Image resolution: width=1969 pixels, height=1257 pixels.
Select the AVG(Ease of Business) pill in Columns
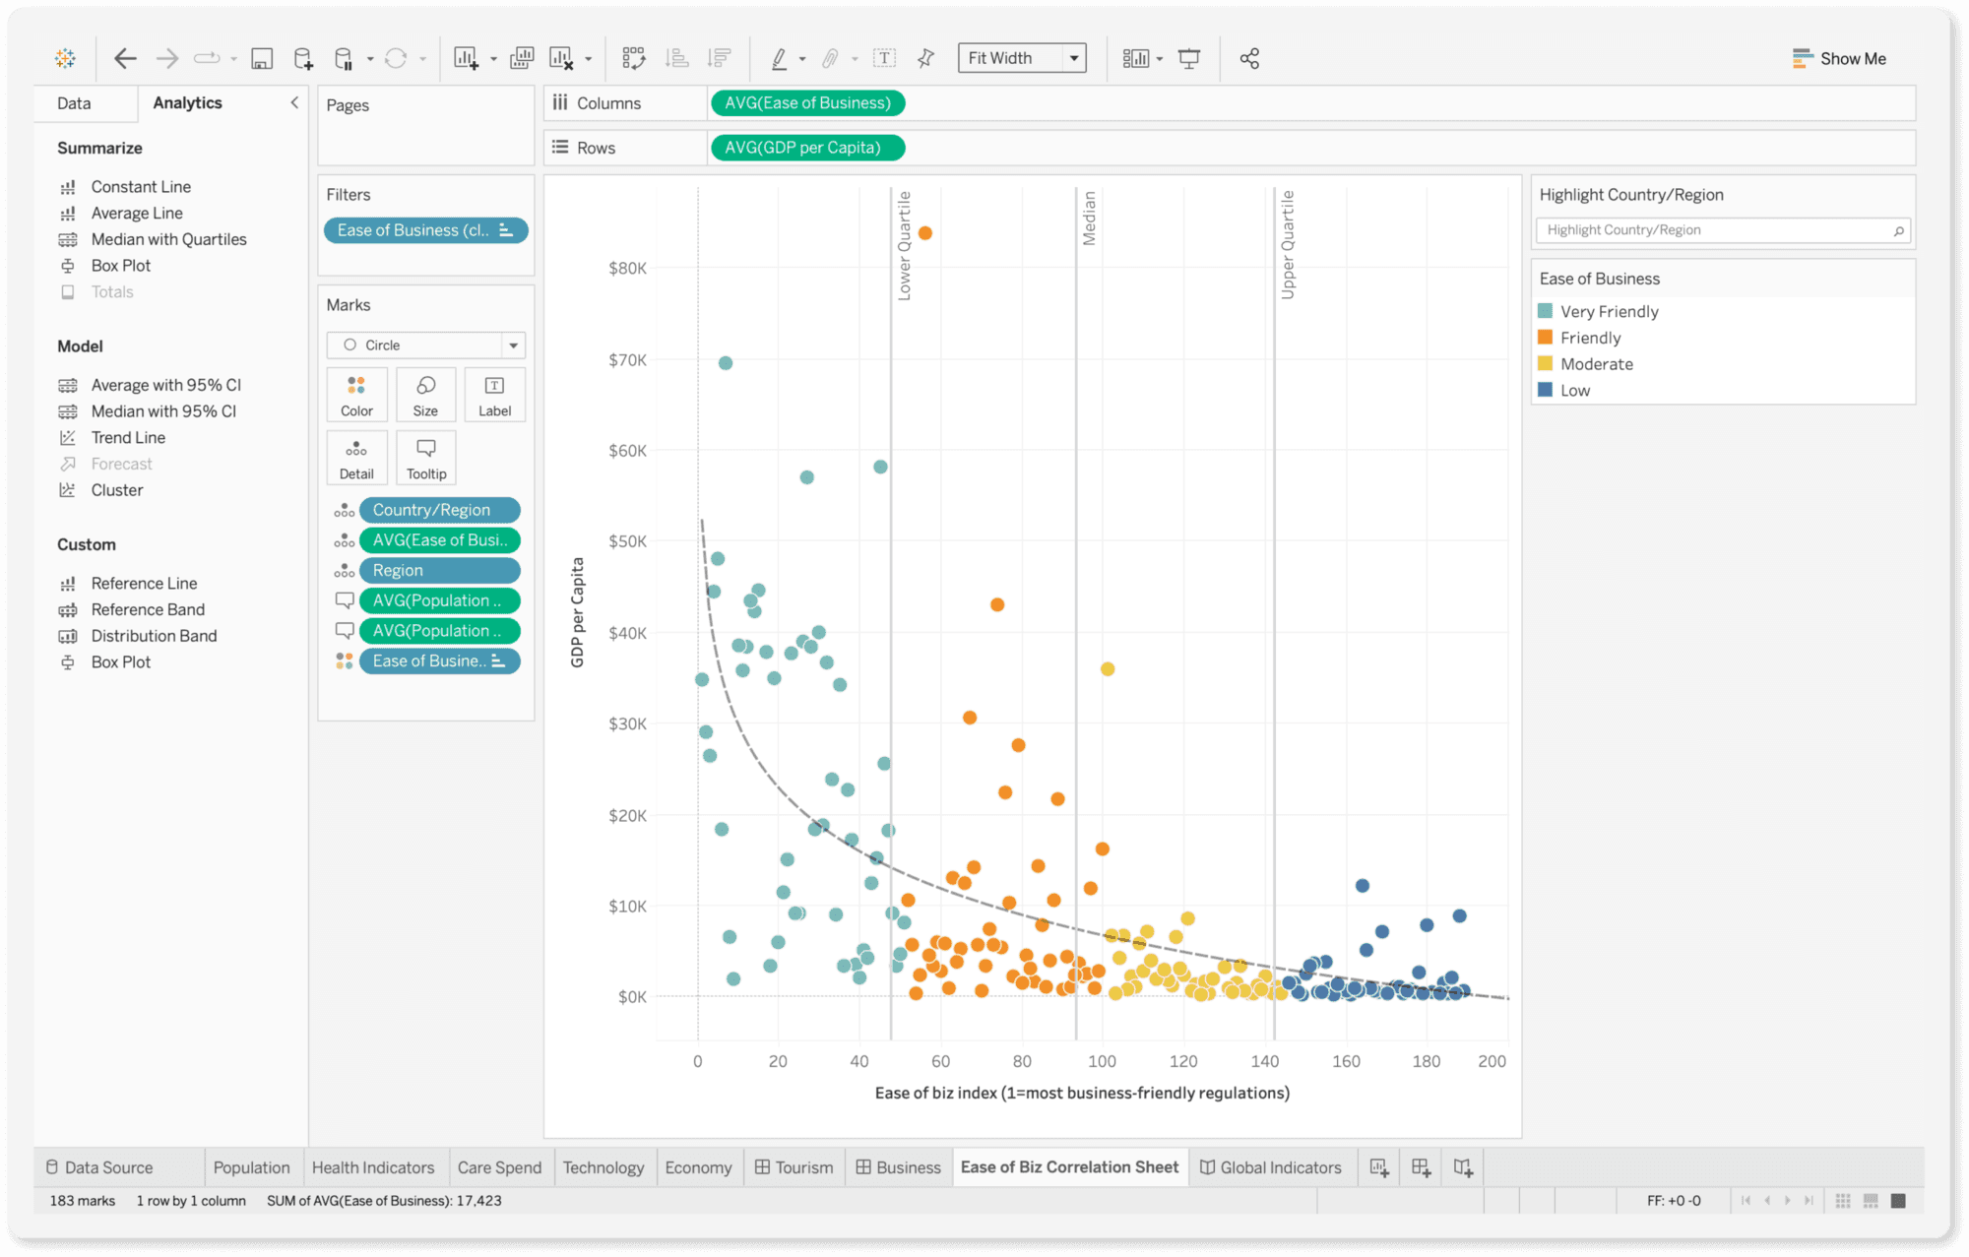[806, 103]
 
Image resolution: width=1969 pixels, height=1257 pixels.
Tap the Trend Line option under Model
[128, 438]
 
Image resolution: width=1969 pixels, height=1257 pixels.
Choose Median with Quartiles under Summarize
[168, 239]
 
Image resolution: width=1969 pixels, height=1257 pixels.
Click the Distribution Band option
[154, 636]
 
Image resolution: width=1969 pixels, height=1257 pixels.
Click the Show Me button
[1839, 58]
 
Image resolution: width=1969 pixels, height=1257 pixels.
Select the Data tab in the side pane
[74, 103]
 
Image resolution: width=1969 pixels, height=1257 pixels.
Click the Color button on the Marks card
[356, 395]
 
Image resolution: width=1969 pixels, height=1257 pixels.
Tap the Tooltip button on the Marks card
[426, 458]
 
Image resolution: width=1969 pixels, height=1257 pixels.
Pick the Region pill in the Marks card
[439, 571]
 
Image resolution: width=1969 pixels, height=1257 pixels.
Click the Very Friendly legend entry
[1609, 312]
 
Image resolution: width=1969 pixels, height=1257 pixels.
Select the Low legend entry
[1574, 391]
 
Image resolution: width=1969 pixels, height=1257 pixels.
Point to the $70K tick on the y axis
[627, 360]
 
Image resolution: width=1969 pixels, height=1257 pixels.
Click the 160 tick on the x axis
[1346, 1061]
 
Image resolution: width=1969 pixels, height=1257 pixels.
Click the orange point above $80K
[925, 233]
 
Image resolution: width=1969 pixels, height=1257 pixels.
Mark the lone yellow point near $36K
[1108, 669]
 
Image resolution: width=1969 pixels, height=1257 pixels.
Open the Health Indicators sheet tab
[373, 1167]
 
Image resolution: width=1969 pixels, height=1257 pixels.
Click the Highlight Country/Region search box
[1718, 230]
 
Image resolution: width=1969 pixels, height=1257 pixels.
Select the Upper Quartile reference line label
[1288, 245]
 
